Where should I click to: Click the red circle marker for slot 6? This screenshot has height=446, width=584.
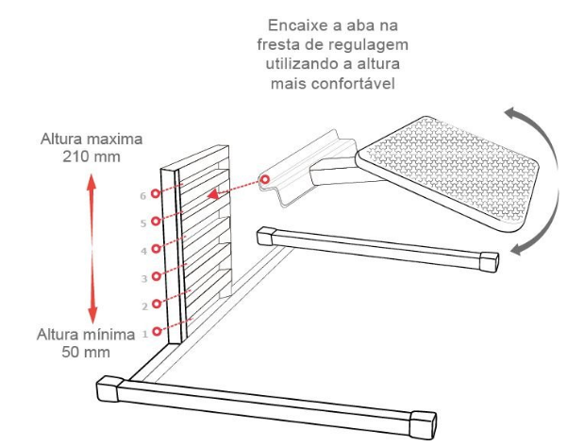click(156, 193)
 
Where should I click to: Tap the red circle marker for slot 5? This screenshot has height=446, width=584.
click(156, 221)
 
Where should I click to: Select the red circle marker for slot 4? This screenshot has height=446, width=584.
click(156, 248)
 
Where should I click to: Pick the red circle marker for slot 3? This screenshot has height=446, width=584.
click(157, 276)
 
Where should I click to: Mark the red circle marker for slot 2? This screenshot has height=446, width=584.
click(157, 304)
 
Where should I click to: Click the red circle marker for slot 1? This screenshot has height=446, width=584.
click(157, 331)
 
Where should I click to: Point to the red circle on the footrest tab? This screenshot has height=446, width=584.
click(265, 179)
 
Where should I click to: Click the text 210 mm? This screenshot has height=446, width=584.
click(92, 157)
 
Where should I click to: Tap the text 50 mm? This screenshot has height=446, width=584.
click(86, 352)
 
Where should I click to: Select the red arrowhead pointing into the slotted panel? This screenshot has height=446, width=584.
click(212, 194)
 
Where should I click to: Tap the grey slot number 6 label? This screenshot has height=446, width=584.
click(143, 196)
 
